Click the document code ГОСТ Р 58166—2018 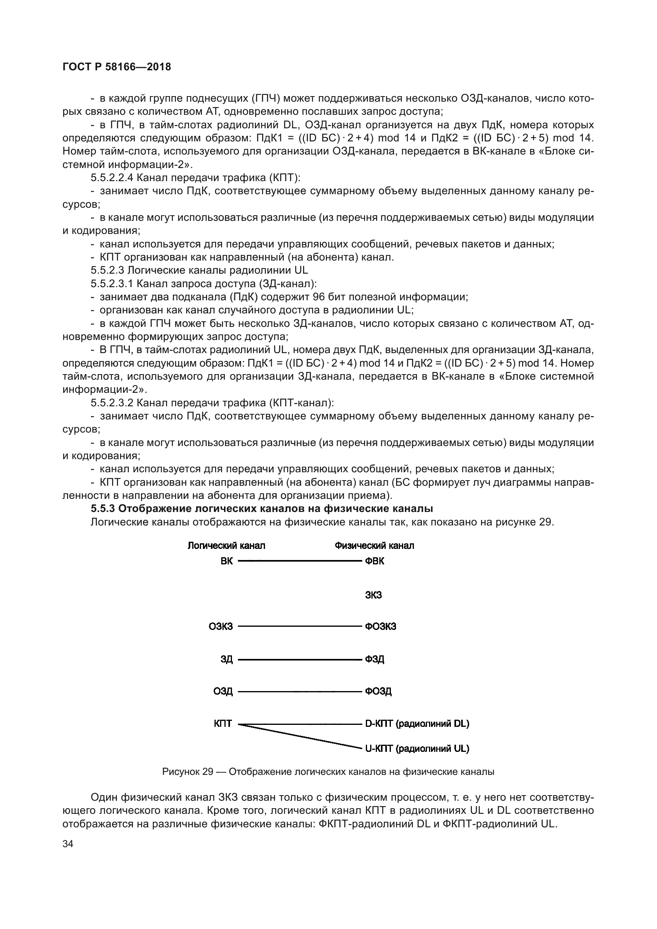pyautogui.click(x=117, y=67)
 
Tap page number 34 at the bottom pyautogui.click(x=68, y=844)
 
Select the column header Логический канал pyautogui.click(x=226, y=546)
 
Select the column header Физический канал pyautogui.click(x=374, y=546)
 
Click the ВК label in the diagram pyautogui.click(x=226, y=561)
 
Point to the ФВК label pyautogui.click(x=375, y=561)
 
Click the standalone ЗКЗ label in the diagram pyautogui.click(x=373, y=595)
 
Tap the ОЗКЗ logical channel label pyautogui.click(x=221, y=627)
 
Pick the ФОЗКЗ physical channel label pyautogui.click(x=380, y=627)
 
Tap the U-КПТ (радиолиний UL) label pyautogui.click(x=417, y=749)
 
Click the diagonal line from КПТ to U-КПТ pyautogui.click(x=300, y=736)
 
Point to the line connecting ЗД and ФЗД pyautogui.click(x=300, y=660)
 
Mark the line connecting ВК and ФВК pyautogui.click(x=300, y=561)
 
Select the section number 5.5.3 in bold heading pyautogui.click(x=103, y=509)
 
